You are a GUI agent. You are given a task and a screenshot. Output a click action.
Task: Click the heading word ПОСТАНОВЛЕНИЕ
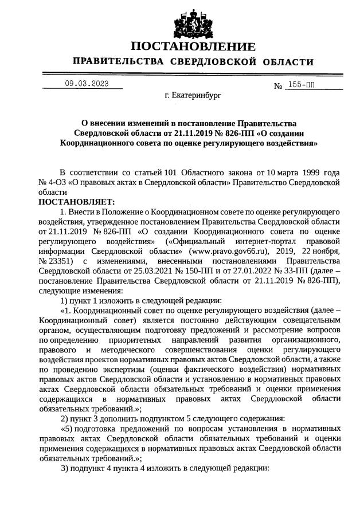(x=193, y=46)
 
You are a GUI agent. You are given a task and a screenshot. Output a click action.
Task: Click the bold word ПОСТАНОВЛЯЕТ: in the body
(x=76, y=202)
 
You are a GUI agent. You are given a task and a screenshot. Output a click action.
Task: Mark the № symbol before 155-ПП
(x=279, y=86)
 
